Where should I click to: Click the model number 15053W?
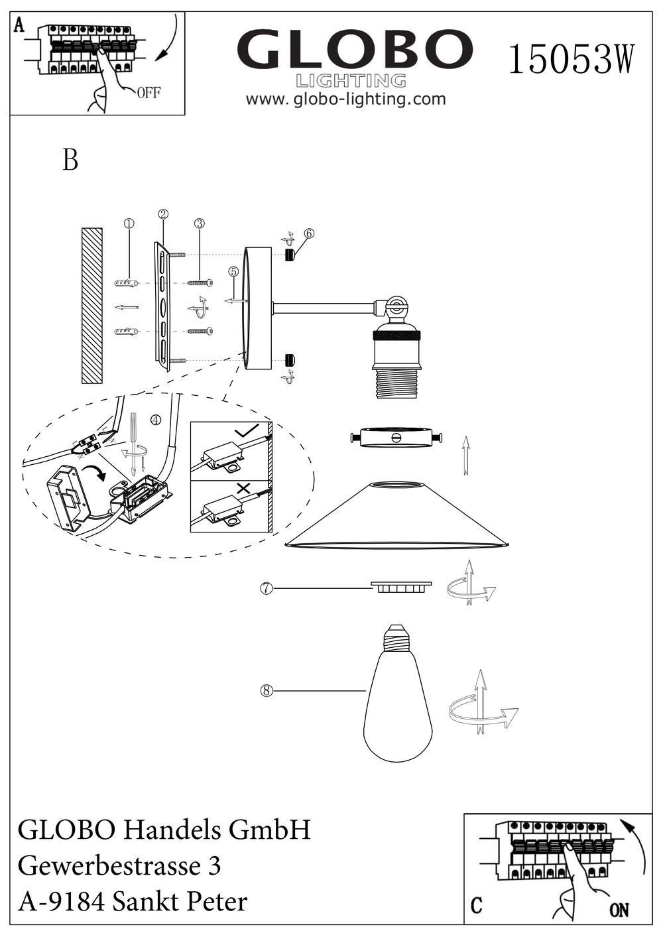(x=572, y=59)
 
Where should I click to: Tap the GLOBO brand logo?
(x=355, y=50)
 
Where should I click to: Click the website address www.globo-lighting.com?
(x=345, y=99)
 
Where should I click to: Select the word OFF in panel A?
(x=149, y=93)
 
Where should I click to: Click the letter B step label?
(x=70, y=160)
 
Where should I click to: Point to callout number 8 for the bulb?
(x=267, y=691)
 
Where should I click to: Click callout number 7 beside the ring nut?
(x=265, y=588)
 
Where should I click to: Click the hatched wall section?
(x=91, y=306)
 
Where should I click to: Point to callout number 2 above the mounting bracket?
(x=163, y=214)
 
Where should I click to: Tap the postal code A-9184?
(x=60, y=902)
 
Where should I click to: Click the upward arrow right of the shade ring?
(x=465, y=455)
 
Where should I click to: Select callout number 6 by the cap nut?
(x=309, y=233)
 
